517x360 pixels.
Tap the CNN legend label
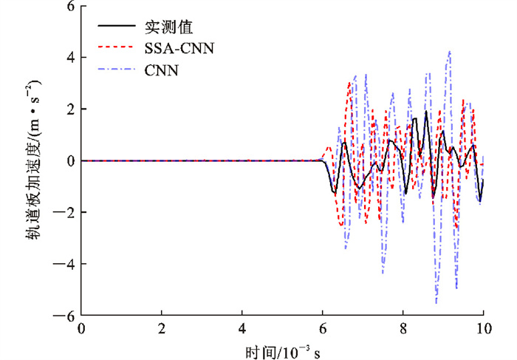pyautogui.click(x=160, y=72)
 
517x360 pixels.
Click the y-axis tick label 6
pyautogui.click(x=71, y=7)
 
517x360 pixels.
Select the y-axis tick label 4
pyautogui.click(x=71, y=58)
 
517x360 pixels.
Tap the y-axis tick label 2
pyautogui.click(x=71, y=109)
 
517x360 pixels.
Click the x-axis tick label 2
pyautogui.click(x=162, y=327)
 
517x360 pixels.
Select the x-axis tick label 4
pyautogui.click(x=242, y=327)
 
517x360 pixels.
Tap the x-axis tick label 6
pyautogui.click(x=322, y=327)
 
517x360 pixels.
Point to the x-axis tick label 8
pyautogui.click(x=403, y=327)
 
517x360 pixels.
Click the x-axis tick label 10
pyautogui.click(x=482, y=327)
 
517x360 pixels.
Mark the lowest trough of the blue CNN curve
pyautogui.click(x=436, y=303)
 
